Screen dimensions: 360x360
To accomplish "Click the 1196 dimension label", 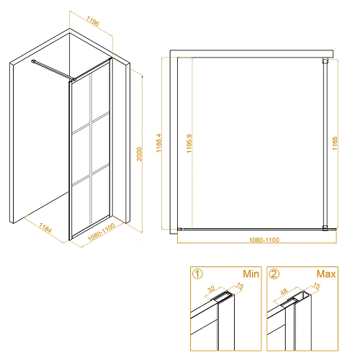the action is point(93,21).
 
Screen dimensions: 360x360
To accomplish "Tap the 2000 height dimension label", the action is point(139,154).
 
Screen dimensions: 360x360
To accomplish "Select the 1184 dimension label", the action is point(45,228).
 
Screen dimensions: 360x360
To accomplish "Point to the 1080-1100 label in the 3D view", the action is point(102,232).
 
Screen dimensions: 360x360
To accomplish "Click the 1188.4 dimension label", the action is point(159,143).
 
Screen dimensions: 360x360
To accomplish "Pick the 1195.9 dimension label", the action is point(189,143).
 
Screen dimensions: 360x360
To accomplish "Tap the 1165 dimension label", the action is point(335,143).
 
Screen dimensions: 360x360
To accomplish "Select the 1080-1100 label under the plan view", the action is point(264,240).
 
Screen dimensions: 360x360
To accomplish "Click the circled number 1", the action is point(197,274).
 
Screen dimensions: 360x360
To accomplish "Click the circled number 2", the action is point(274,274).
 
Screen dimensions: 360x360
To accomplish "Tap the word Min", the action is point(251,274).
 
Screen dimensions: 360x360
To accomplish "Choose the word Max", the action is point(326,274).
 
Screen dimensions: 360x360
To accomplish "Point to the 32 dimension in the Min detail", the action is point(212,289).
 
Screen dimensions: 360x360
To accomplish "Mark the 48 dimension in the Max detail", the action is point(284,292).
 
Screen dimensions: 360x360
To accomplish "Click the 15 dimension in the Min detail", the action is point(240,286).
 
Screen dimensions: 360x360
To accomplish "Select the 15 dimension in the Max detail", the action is point(317,286).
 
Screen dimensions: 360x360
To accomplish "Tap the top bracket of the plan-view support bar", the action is point(325,60).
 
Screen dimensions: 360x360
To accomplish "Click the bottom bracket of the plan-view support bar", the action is point(325,228).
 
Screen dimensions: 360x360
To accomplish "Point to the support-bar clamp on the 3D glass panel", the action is point(74,79).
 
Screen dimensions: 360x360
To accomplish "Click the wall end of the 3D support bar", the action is point(32,61).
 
